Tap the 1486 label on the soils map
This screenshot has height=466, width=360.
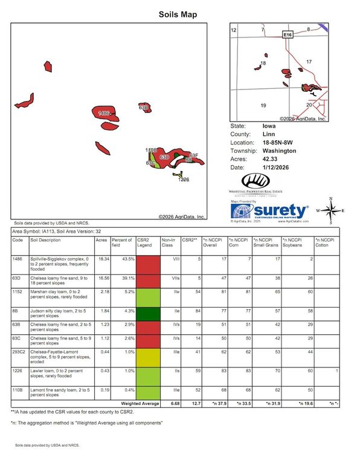(103, 113)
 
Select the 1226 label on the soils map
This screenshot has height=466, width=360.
(184, 180)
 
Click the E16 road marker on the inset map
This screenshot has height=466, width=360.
(288, 36)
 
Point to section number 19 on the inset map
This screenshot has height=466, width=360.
(263, 105)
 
